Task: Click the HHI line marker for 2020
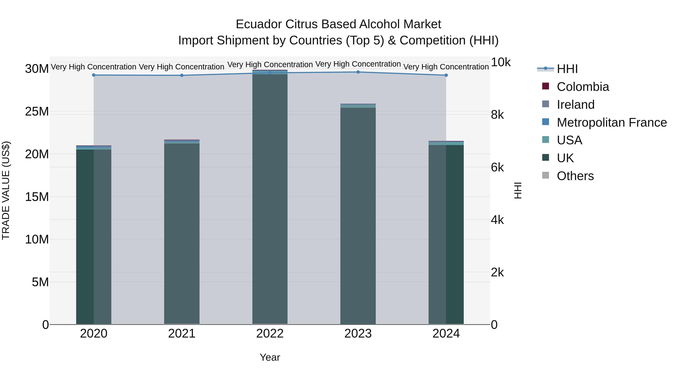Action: (x=94, y=75)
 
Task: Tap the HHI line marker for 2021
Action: (x=182, y=75)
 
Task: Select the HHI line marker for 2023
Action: (x=358, y=72)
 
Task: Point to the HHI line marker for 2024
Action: (x=446, y=75)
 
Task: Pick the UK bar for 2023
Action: (x=358, y=216)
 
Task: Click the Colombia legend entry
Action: (x=583, y=87)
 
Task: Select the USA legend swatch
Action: (x=546, y=140)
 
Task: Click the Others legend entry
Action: (x=575, y=176)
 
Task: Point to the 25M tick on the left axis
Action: (x=37, y=112)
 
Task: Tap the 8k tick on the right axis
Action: (x=497, y=115)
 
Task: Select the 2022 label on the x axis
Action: (x=270, y=334)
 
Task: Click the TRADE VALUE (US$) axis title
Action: (x=6, y=190)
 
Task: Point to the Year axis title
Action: (x=270, y=357)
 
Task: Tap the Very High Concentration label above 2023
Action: (x=358, y=64)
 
